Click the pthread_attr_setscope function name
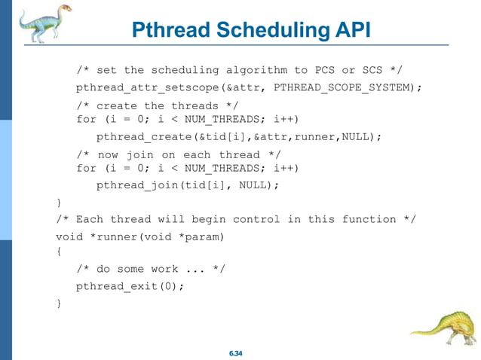(x=147, y=88)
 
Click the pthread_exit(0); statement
(x=130, y=286)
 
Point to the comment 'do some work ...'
(x=150, y=269)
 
